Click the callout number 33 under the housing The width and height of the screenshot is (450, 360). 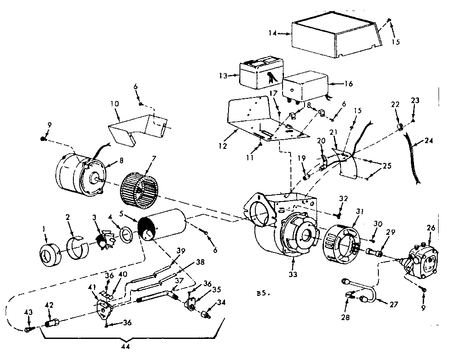[293, 275]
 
